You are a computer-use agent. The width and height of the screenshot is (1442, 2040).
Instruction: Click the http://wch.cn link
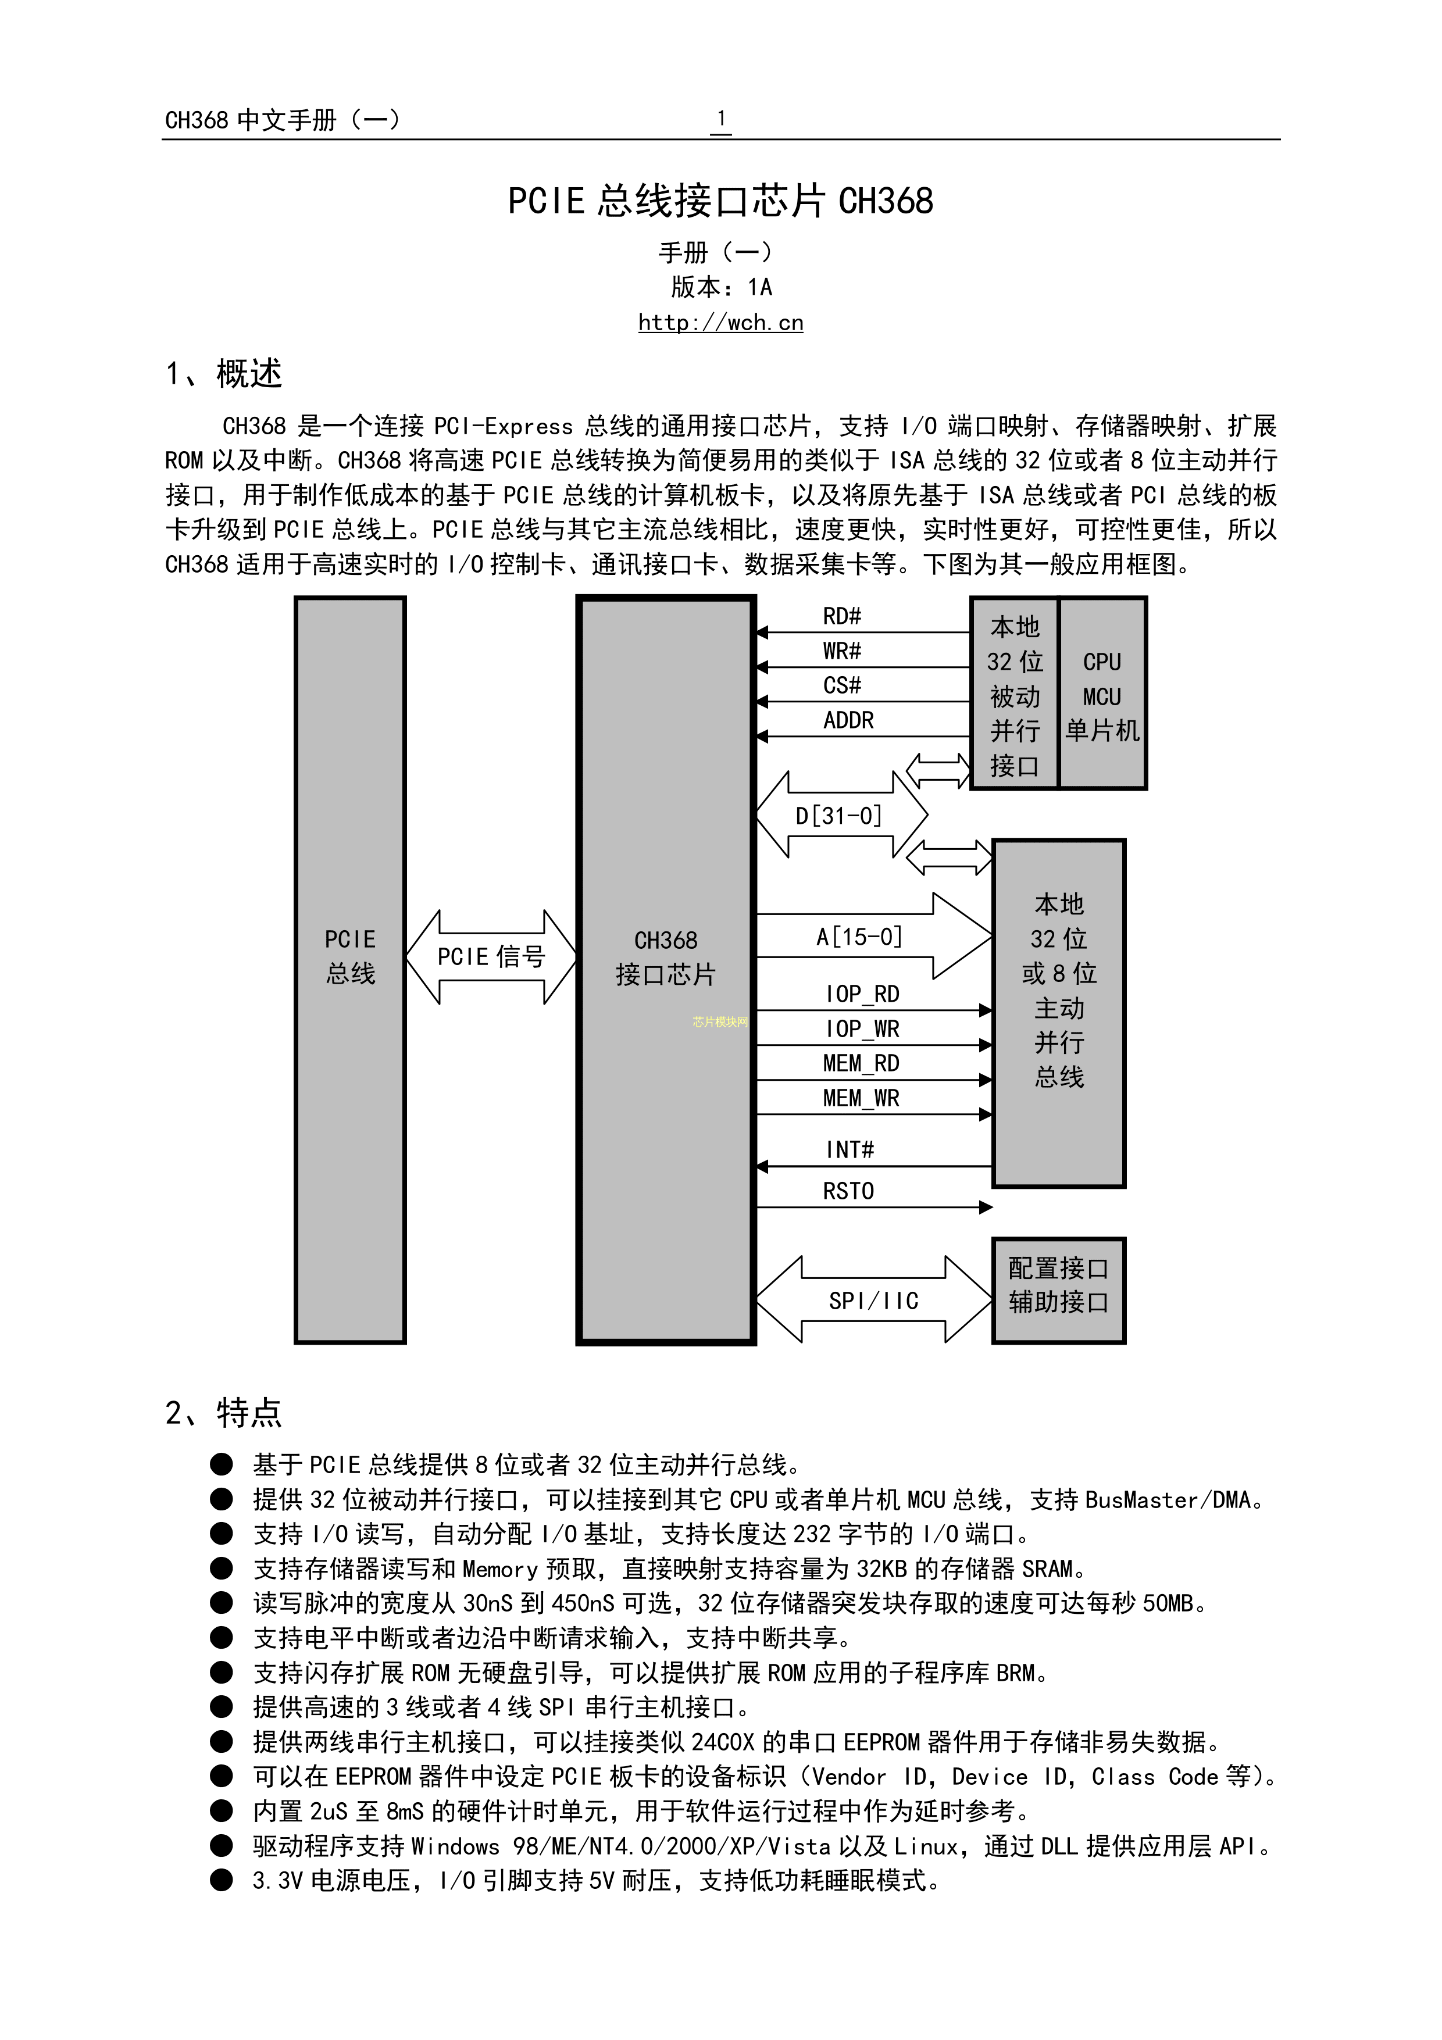[x=720, y=323]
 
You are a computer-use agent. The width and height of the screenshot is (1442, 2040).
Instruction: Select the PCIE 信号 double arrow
[x=490, y=957]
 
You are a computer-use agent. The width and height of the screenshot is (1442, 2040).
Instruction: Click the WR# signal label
[x=841, y=651]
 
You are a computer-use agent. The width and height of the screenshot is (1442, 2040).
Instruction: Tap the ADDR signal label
[x=848, y=720]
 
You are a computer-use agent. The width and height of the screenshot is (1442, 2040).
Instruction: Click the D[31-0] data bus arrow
[x=840, y=814]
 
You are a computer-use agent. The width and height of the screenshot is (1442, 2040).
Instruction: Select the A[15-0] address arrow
[x=860, y=937]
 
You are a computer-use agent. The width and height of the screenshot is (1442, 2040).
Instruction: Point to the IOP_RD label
[x=861, y=994]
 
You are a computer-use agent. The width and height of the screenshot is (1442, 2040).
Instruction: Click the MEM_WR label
[x=861, y=1098]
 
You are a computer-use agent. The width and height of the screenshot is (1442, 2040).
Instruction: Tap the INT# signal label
[x=850, y=1151]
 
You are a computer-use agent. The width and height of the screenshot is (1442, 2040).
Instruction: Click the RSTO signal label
[x=848, y=1191]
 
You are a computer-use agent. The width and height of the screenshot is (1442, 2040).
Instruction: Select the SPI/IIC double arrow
[x=873, y=1301]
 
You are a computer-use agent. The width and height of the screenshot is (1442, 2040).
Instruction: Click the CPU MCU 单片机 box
[x=1102, y=695]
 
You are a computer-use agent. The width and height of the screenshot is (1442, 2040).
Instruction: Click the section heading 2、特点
[x=223, y=1412]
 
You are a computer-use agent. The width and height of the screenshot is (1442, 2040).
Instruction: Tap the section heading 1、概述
[x=223, y=374]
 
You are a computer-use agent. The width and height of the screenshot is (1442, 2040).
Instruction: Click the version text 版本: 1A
[x=720, y=287]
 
